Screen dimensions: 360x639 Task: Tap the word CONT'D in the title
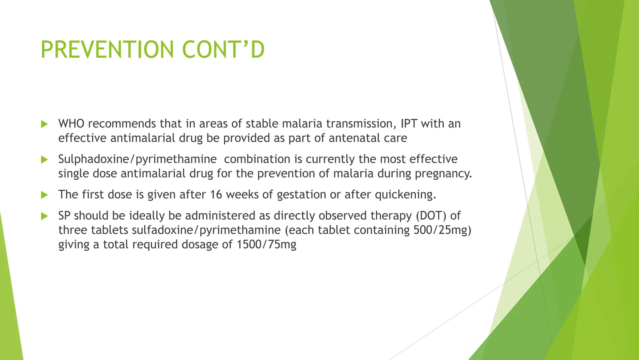(x=223, y=50)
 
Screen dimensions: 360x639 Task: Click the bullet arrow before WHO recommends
(x=45, y=124)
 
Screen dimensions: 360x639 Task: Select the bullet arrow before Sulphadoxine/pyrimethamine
(x=45, y=160)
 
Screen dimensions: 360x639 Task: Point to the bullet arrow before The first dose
(x=45, y=195)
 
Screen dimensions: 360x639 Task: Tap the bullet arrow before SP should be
(x=45, y=216)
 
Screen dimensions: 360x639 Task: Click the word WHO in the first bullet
(x=71, y=124)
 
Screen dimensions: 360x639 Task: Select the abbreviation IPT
(x=409, y=124)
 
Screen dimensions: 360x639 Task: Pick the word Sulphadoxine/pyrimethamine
(x=137, y=159)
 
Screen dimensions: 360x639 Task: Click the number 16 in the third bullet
(x=216, y=195)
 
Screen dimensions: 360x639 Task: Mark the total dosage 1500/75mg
(x=266, y=244)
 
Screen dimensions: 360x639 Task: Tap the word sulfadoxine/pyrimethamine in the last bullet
(x=206, y=230)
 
